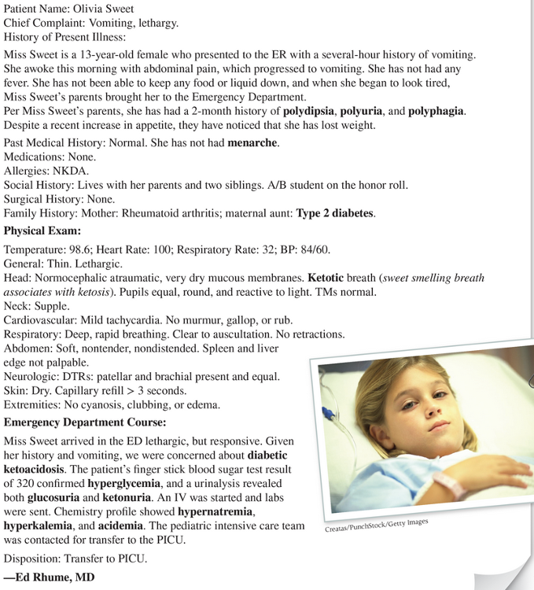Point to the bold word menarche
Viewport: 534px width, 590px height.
253,142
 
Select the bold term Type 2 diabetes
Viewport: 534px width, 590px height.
335,213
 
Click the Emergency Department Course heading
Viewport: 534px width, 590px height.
84,422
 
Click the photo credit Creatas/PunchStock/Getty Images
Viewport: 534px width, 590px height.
377,525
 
